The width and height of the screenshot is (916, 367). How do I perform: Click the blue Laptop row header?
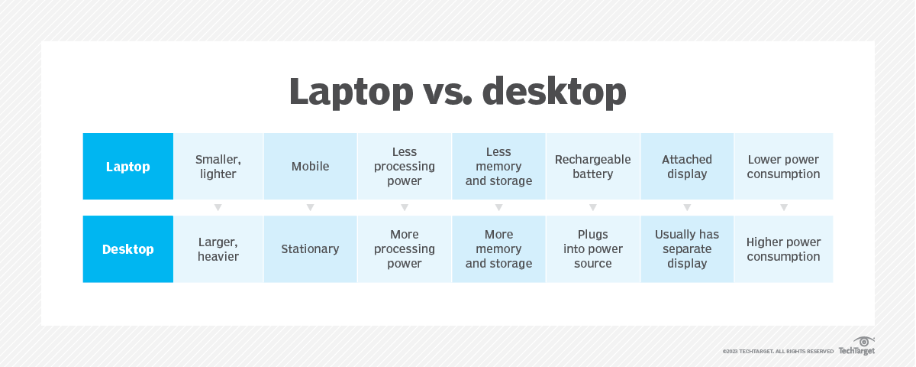pyautogui.click(x=128, y=167)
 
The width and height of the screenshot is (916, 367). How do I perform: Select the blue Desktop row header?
pyautogui.click(x=128, y=249)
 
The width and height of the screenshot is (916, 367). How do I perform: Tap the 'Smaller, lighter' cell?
pyautogui.click(x=218, y=167)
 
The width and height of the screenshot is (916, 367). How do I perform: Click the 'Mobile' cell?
pyautogui.click(x=311, y=167)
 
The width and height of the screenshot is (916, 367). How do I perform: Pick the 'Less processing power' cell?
pyautogui.click(x=405, y=167)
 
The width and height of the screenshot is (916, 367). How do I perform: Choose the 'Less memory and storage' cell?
pyautogui.click(x=498, y=167)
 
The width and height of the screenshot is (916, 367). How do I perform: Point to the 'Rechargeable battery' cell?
pyautogui.click(x=593, y=167)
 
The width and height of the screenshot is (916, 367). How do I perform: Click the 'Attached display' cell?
pyautogui.click(x=687, y=167)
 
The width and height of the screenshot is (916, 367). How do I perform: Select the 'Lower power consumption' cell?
pyautogui.click(x=783, y=167)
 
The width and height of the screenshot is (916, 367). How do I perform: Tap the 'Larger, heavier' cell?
pyautogui.click(x=218, y=249)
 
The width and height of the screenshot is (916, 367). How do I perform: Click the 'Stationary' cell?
pyautogui.click(x=311, y=249)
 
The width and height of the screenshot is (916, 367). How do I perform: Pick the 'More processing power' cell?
pyautogui.click(x=405, y=249)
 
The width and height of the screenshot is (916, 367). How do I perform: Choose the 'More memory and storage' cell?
pyautogui.click(x=498, y=249)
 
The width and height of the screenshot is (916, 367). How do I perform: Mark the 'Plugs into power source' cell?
pyautogui.click(x=593, y=249)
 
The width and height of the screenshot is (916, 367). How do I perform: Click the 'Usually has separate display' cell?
pyautogui.click(x=687, y=249)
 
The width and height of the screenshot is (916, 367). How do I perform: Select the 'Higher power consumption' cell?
pyautogui.click(x=783, y=249)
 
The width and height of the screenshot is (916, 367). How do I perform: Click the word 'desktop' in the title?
pyautogui.click(x=554, y=91)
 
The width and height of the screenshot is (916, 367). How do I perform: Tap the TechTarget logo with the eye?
pyautogui.click(x=856, y=346)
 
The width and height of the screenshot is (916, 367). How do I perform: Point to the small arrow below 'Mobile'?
pyautogui.click(x=311, y=208)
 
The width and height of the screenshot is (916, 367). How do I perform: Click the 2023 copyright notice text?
pyautogui.click(x=778, y=352)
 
